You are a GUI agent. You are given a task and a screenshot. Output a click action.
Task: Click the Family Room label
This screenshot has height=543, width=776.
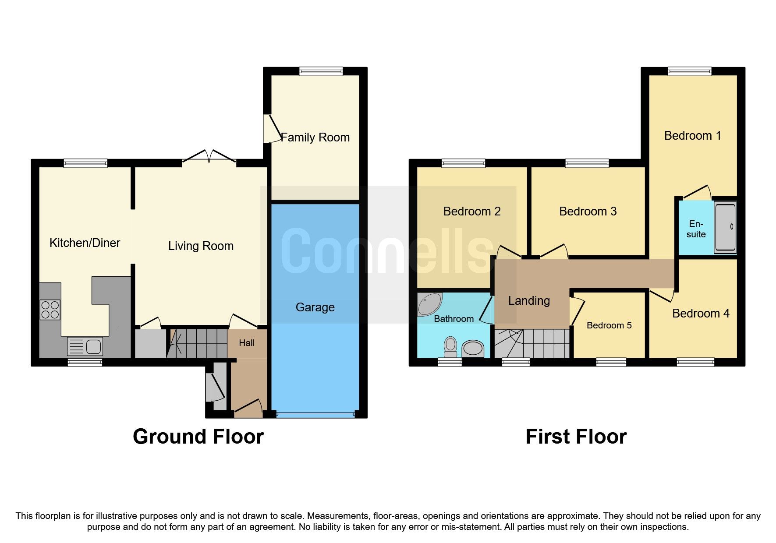(315, 138)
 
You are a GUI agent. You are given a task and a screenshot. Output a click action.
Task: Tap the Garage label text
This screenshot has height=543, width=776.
(315, 307)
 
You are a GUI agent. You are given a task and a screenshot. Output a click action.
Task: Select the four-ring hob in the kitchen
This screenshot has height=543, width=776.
(50, 310)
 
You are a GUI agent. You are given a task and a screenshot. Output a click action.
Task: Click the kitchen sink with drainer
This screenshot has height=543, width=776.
(85, 346)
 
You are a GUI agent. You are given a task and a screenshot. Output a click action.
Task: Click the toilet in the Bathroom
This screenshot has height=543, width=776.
(450, 346)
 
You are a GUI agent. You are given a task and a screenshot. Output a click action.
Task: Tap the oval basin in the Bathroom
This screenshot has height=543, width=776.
(473, 349)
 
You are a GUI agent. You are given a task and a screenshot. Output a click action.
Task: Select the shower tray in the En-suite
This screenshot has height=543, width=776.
(725, 226)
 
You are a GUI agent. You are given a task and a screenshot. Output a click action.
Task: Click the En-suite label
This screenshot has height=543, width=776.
(696, 229)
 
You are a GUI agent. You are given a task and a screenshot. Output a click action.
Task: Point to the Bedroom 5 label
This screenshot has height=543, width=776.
(609, 325)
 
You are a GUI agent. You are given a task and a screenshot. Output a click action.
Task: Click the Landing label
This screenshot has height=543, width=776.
(529, 301)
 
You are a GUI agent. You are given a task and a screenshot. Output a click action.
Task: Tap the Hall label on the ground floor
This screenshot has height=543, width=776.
(247, 343)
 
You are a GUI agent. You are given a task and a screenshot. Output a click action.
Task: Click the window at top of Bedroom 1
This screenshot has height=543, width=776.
(690, 71)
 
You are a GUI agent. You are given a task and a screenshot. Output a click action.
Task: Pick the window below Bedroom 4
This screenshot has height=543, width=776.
(695, 362)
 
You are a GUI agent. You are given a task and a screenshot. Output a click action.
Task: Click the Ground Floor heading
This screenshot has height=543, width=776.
(198, 437)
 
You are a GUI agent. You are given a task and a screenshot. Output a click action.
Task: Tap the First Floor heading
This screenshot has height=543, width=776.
(576, 437)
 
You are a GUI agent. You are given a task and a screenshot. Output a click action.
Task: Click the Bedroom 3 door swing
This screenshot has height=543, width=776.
(554, 252)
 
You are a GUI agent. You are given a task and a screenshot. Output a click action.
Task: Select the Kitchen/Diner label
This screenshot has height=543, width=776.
(85, 243)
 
